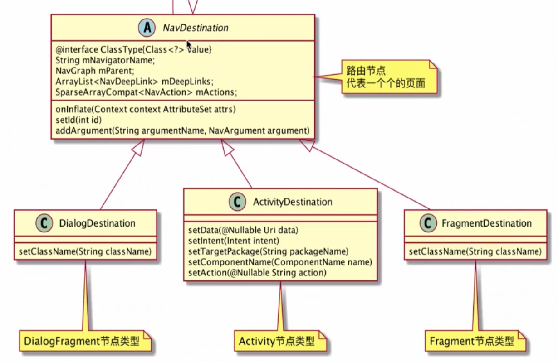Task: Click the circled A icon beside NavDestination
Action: pyautogui.click(x=147, y=28)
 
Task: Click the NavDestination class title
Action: pyautogui.click(x=196, y=28)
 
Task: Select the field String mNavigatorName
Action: pyautogui.click(x=105, y=60)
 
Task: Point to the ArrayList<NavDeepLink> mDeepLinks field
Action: pyautogui.click(x=134, y=82)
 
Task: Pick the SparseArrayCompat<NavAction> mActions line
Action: pyautogui.click(x=146, y=92)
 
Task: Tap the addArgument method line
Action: pyautogui.click(x=182, y=131)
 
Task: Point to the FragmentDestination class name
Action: pyautogui.click(x=486, y=223)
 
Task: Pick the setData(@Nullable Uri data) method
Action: pyautogui.click(x=243, y=230)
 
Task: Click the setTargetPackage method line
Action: pyautogui.click(x=268, y=251)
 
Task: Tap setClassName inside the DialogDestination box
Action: pyautogui.click(x=85, y=251)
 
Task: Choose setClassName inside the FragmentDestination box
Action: pyautogui.click(x=475, y=251)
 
